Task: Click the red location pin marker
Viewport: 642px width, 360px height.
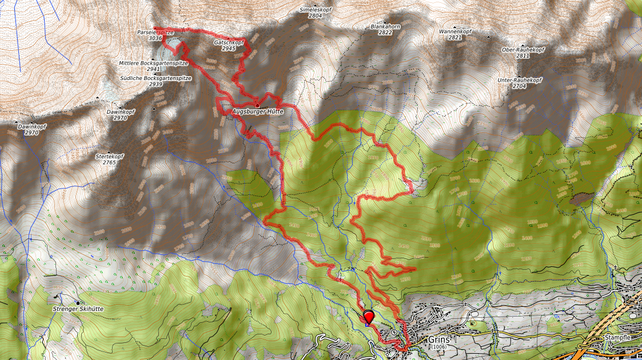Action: coord(369,317)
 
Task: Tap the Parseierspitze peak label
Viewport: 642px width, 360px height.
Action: coord(155,33)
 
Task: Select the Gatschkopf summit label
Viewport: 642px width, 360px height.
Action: coord(229,42)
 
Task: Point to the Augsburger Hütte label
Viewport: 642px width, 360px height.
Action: coord(258,111)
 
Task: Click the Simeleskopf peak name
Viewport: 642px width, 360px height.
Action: coord(315,10)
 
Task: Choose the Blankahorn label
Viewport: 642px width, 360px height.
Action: coord(385,26)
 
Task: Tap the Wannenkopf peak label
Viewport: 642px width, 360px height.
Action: coord(454,31)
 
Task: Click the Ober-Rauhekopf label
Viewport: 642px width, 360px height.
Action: coord(523,50)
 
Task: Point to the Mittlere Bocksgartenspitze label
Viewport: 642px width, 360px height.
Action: coord(145,62)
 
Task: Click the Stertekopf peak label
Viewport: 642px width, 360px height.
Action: coord(109,156)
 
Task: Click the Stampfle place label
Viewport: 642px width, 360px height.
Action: coord(617,338)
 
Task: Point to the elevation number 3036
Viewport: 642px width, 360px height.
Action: coord(155,39)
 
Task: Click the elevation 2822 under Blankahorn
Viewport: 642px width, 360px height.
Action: coord(385,33)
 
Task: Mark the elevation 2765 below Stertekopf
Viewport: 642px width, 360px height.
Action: coord(109,163)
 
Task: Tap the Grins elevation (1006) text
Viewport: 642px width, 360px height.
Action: coord(438,347)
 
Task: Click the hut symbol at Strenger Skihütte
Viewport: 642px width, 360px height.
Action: coord(78,302)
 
